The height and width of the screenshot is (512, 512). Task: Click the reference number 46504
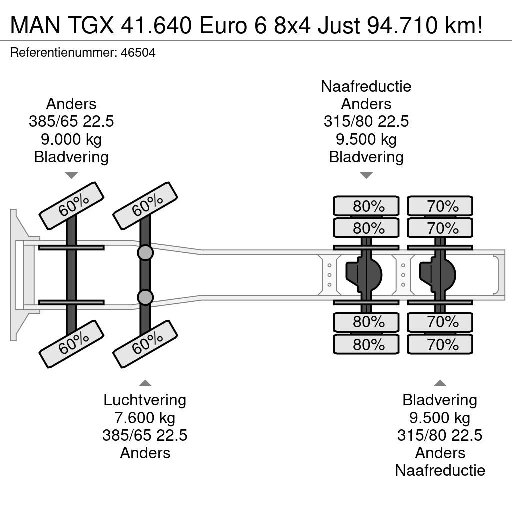coord(138,52)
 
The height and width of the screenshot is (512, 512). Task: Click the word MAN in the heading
coord(35,25)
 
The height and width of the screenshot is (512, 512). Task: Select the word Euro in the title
coord(223,25)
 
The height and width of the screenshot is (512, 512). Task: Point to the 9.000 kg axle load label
coord(71,139)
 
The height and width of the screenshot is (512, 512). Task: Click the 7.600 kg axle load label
coord(145,418)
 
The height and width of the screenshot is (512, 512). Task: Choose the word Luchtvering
coord(145,400)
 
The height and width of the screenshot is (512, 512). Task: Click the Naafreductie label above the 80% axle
coord(366,86)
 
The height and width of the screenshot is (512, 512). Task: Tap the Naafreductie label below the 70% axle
coord(440,470)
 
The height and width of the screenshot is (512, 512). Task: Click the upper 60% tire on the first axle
coord(71,206)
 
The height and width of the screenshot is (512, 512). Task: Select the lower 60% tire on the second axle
coord(145,344)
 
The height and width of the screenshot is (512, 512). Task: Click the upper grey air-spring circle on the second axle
coord(145,253)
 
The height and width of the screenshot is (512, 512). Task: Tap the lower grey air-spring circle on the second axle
coord(145,297)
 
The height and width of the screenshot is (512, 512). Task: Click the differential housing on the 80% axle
coord(364,275)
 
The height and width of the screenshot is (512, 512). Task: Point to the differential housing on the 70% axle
coord(437,275)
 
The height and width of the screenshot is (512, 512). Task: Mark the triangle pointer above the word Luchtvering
coord(145,383)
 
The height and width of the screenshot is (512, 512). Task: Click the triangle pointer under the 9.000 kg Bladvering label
coord(71,176)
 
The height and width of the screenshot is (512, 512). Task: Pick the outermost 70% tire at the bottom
coord(440,344)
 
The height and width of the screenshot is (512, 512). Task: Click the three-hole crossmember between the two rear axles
coord(403,275)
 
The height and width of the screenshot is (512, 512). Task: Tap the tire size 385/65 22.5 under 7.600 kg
coord(145,435)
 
